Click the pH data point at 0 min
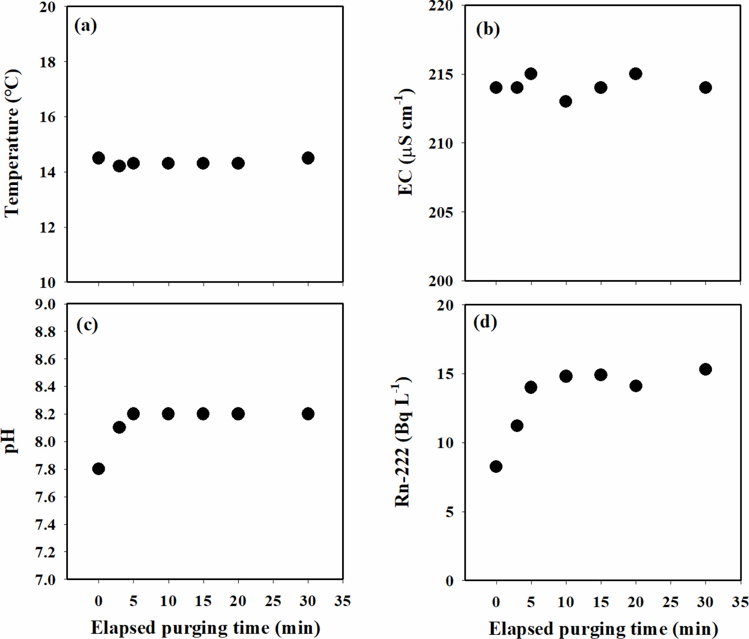[x=98, y=469]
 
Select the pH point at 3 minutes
[x=119, y=428]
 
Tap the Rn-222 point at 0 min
[x=496, y=466]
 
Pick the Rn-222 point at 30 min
[x=705, y=369]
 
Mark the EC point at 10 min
[x=566, y=101]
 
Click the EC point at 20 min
[x=636, y=74]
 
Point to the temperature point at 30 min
[x=308, y=158]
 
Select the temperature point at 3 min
[x=119, y=166]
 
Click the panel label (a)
[x=85, y=26]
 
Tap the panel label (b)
[x=488, y=29]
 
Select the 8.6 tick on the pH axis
[x=45, y=360]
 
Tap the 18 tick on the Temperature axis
[x=47, y=62]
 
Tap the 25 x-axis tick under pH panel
[x=273, y=601]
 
